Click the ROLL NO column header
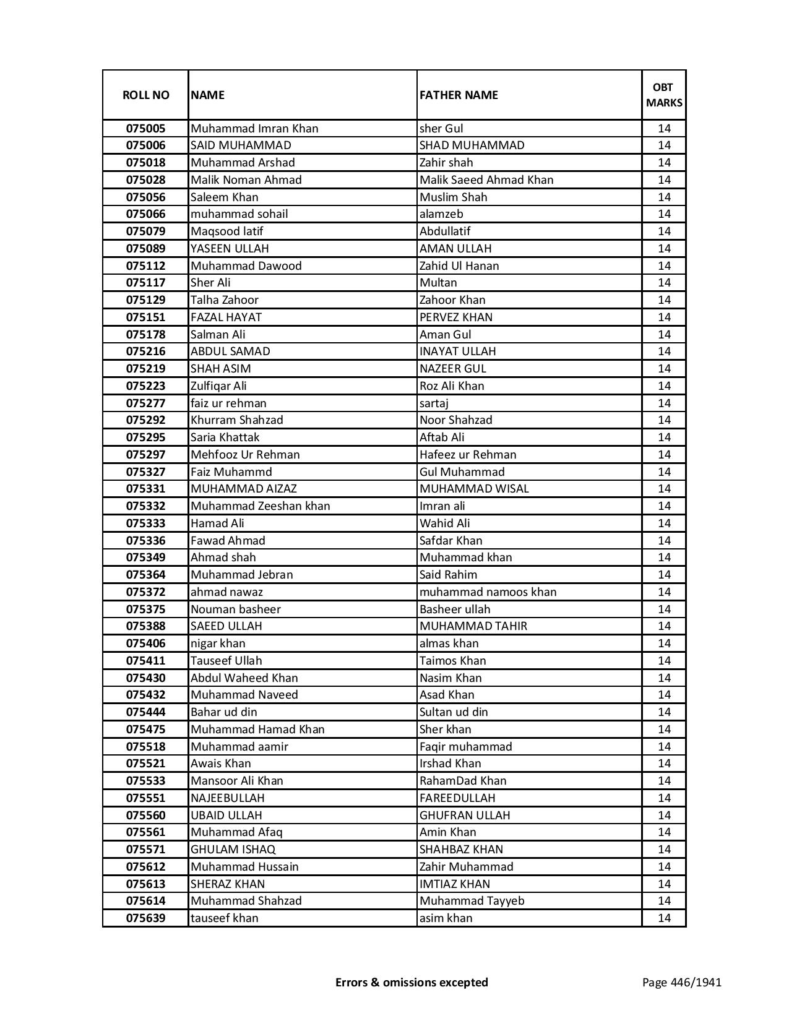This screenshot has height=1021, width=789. coord(145,95)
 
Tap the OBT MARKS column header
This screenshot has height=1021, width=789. coord(663,95)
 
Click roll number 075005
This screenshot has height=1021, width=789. coord(145,129)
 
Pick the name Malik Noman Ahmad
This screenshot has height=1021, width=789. coord(246,180)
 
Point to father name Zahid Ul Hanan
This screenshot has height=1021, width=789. coord(459,266)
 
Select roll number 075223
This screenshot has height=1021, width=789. coord(145,386)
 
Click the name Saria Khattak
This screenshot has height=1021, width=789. coord(225,437)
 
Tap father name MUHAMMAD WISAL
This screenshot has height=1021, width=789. coord(474,489)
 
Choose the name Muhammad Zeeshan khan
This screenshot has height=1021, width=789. coord(261,506)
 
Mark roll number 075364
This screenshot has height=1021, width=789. coord(145,575)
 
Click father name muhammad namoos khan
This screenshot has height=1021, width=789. coord(488,592)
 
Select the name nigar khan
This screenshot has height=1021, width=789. coord(218,644)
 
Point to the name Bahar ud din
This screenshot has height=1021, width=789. coord(224,712)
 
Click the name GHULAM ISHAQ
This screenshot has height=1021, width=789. coord(233,850)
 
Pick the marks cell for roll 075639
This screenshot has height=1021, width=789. coord(663,918)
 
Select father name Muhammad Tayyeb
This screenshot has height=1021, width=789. coord(472,901)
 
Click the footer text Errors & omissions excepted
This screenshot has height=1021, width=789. coord(412,982)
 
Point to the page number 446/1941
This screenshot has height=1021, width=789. coord(681,982)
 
